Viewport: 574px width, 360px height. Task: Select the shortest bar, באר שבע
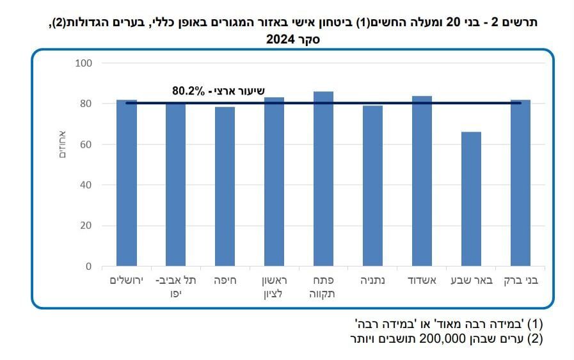(x=471, y=199)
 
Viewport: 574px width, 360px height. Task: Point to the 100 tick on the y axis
(x=84, y=63)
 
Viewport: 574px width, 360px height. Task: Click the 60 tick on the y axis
(x=86, y=145)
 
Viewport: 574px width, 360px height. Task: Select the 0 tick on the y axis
(x=89, y=267)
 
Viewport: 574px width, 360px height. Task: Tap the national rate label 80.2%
(x=188, y=91)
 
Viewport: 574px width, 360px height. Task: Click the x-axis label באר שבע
(x=471, y=281)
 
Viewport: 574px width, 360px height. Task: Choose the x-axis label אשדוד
(x=422, y=281)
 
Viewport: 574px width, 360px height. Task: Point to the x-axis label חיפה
(x=225, y=281)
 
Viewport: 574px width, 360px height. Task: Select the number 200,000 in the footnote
(x=442, y=339)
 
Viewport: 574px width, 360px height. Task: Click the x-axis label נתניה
(x=372, y=281)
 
